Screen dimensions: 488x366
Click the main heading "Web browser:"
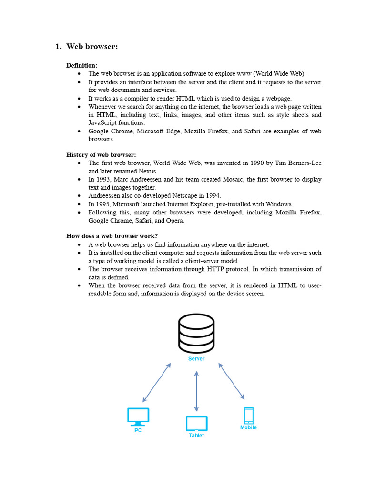point(92,46)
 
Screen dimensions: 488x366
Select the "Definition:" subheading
point(81,65)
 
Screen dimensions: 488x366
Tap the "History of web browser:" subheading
point(101,154)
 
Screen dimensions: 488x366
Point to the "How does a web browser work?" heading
point(112,236)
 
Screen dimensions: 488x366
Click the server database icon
point(196,333)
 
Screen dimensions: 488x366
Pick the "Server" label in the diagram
point(196,359)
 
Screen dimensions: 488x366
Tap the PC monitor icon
point(138,417)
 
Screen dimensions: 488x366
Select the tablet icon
point(196,424)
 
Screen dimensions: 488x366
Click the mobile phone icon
point(248,416)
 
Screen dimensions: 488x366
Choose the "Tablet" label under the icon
point(196,436)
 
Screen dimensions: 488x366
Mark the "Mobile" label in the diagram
point(248,427)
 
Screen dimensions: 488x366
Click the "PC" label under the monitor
point(138,430)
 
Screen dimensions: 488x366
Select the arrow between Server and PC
point(157,383)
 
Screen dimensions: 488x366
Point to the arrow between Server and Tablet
point(196,391)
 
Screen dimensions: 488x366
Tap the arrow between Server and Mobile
point(232,381)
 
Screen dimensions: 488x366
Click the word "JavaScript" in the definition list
point(103,123)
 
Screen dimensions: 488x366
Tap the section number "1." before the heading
point(59,46)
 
